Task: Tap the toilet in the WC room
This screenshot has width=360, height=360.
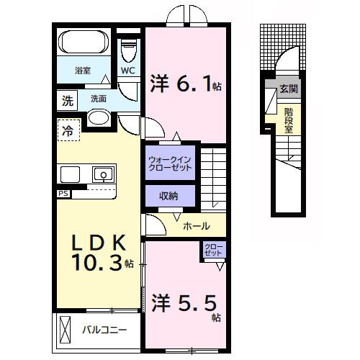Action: click(x=129, y=51)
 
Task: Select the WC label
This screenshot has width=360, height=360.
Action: click(x=128, y=71)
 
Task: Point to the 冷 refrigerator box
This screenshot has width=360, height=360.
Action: click(x=66, y=130)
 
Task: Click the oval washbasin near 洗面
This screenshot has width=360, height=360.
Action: click(x=99, y=117)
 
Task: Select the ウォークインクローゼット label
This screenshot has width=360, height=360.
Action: click(x=171, y=163)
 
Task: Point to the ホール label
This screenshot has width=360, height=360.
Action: click(x=197, y=226)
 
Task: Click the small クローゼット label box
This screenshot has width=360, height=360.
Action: click(x=214, y=251)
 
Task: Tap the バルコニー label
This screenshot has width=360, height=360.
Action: click(x=104, y=331)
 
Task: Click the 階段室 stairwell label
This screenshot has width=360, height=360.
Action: click(x=288, y=120)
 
